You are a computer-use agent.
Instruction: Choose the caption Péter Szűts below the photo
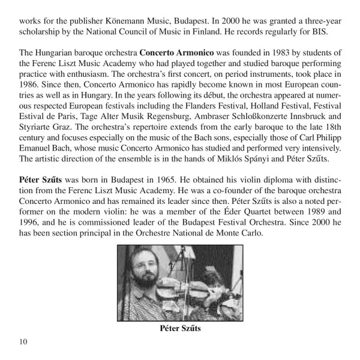click(x=180, y=328)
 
